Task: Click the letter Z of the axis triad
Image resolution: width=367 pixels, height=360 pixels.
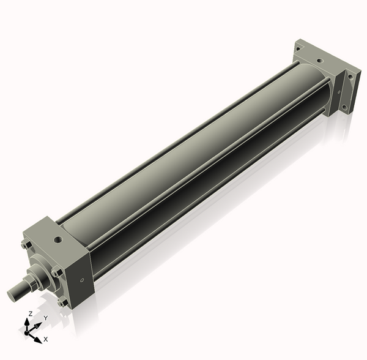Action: point(30,313)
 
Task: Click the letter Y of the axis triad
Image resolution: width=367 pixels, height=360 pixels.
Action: point(46,318)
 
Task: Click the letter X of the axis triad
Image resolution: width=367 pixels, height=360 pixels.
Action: point(46,339)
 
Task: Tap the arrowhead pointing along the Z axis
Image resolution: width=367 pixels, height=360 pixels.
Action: point(27,322)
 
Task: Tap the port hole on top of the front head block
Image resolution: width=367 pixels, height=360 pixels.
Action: point(58,239)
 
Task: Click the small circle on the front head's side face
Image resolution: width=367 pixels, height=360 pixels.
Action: point(82,280)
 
